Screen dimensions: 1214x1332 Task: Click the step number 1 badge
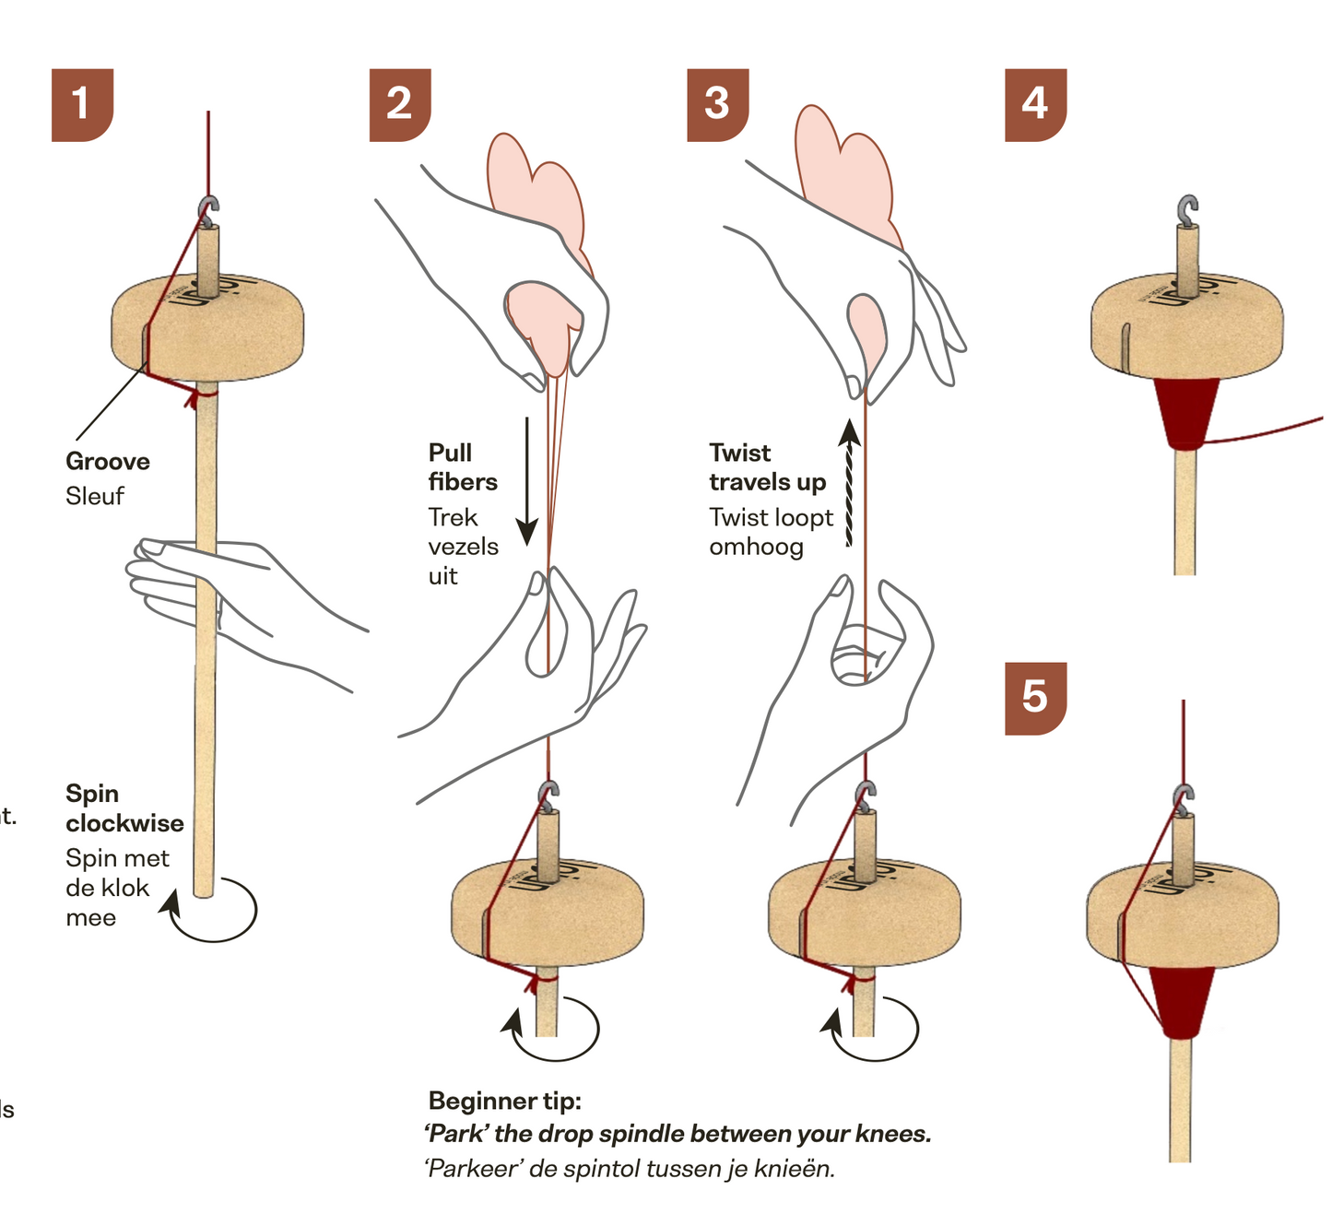point(82,104)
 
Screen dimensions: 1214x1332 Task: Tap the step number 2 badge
point(400,104)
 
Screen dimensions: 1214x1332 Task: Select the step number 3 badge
point(717,104)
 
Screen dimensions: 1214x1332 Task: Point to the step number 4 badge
point(1035,104)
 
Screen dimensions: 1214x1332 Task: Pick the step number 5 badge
point(1035,698)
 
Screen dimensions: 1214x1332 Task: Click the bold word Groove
point(108,462)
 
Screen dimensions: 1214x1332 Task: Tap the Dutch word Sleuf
point(95,496)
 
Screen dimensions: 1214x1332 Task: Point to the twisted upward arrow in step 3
point(850,484)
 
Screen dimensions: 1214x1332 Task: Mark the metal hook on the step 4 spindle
point(1188,209)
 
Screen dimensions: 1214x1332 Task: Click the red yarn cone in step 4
point(1186,412)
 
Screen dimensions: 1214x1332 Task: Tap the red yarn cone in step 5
point(1183,1001)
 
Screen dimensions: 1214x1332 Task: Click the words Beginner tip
point(505,1101)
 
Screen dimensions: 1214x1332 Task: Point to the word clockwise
point(124,823)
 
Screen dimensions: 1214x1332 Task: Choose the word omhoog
point(756,547)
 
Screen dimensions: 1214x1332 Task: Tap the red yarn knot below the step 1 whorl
point(193,397)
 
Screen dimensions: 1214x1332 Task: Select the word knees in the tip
point(893,1134)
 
